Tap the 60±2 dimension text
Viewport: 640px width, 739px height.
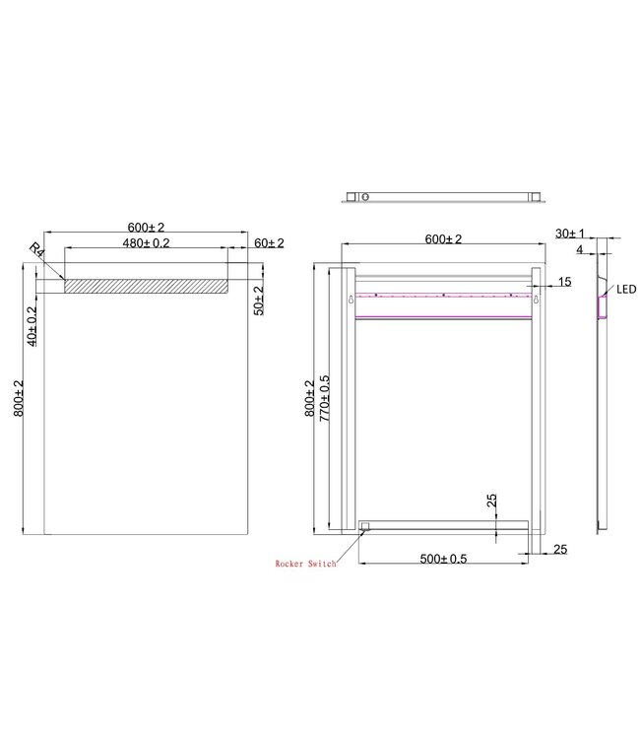pyautogui.click(x=268, y=242)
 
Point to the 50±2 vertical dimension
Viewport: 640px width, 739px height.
pyautogui.click(x=258, y=299)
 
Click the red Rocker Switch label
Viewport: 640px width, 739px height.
pyautogui.click(x=305, y=564)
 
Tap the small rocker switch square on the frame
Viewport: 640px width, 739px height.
pyautogui.click(x=363, y=527)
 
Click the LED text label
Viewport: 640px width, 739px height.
pyautogui.click(x=625, y=290)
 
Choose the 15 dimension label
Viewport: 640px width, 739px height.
pyautogui.click(x=563, y=283)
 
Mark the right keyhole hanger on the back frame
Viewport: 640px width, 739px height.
pyautogui.click(x=536, y=300)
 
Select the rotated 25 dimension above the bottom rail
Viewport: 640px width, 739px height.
pyautogui.click(x=490, y=504)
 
